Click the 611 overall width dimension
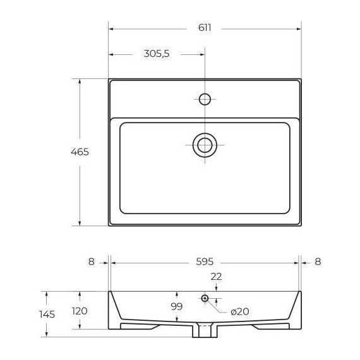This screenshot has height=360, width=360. click(204, 28)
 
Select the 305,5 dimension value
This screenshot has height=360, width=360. click(156, 54)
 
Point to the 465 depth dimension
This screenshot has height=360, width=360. click(80, 152)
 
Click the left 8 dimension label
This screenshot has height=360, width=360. click(91, 261)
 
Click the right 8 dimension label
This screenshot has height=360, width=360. click(318, 261)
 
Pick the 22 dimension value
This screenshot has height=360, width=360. click(216, 277)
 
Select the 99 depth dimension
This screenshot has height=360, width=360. click(177, 306)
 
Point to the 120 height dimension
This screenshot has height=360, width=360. click(80, 311)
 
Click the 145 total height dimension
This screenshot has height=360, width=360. click(47, 314)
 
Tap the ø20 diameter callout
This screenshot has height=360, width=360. click(239, 311)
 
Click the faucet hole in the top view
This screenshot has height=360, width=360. click(205, 99)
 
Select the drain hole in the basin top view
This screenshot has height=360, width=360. click(205, 145)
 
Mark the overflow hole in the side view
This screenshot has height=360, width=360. click(205, 298)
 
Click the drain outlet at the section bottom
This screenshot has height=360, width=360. click(205, 330)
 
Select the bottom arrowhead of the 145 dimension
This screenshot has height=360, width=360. click(47, 334)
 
